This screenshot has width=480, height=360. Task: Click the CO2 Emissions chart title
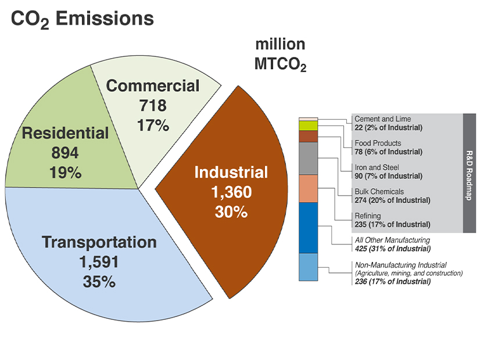click(x=82, y=19)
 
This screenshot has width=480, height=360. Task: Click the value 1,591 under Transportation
click(x=99, y=262)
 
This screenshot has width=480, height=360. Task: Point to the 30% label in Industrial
click(x=231, y=212)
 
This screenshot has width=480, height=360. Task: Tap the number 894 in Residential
click(x=65, y=153)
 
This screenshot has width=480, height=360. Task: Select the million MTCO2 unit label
click(x=280, y=55)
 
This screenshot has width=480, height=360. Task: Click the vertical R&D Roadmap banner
click(x=470, y=173)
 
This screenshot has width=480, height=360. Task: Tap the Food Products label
click(x=378, y=143)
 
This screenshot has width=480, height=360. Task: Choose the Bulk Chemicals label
click(x=379, y=192)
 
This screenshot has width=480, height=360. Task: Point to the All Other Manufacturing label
click(x=392, y=240)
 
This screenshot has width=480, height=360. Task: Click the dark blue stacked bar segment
click(x=308, y=228)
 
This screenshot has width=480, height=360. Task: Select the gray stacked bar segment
click(x=308, y=158)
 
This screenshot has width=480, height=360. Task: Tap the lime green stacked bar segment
click(x=308, y=125)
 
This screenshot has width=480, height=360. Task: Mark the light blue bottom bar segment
click(x=308, y=267)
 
